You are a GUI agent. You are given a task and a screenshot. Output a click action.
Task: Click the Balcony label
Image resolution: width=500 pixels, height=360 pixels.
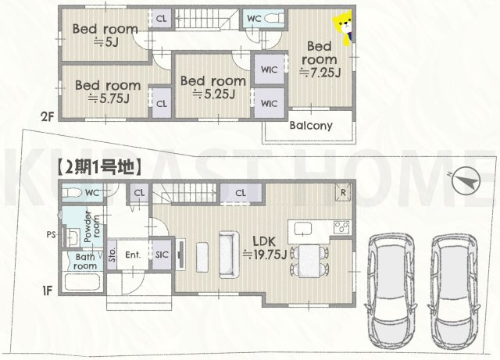(311, 126)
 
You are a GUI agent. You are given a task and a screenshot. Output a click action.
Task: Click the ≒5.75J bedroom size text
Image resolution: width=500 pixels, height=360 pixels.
(108, 99)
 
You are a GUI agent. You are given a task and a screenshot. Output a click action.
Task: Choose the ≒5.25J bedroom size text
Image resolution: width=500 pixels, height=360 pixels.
(213, 94)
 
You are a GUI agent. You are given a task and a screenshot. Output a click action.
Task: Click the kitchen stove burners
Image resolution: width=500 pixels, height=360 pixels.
(342, 228)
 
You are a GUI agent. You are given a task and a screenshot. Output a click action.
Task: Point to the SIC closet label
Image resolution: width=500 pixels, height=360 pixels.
(162, 254)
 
